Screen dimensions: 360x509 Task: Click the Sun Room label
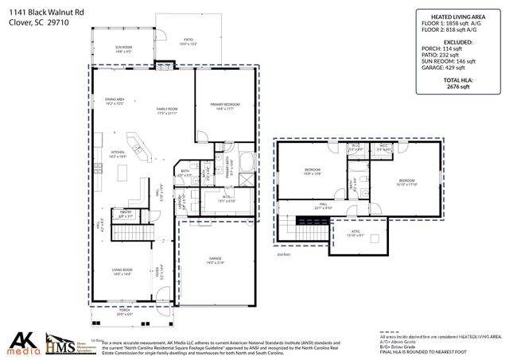pos(122,49)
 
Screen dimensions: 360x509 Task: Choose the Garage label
pos(215,261)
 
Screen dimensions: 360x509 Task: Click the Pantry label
pos(125,213)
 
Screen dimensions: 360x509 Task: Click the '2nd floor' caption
pos(283,254)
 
